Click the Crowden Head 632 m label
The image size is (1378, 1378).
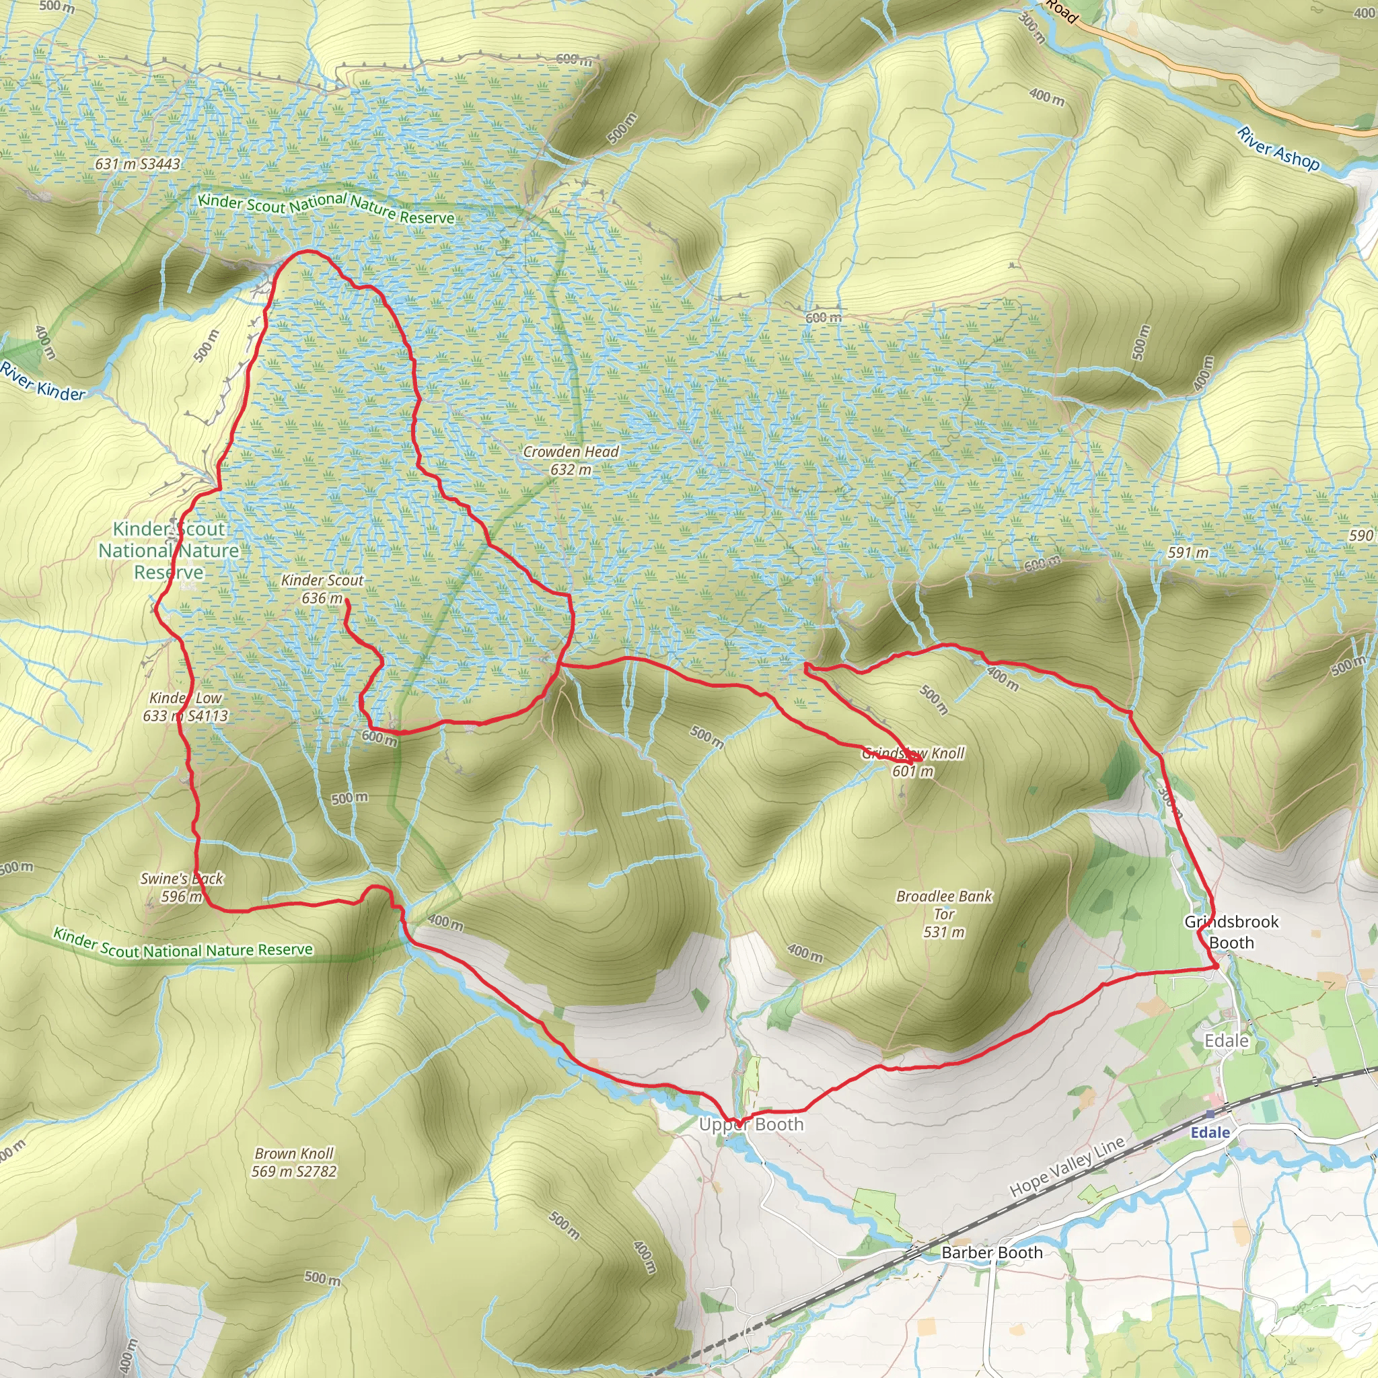click(571, 460)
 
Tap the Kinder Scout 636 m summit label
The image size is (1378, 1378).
click(322, 589)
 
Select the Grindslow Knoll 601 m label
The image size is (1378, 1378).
click(913, 762)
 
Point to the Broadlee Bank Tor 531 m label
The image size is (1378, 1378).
click(943, 914)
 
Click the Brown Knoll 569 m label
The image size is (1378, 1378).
click(294, 1162)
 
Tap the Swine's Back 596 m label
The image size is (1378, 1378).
click(181, 887)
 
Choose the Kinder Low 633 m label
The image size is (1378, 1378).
click(186, 707)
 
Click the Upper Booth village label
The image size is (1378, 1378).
click(750, 1125)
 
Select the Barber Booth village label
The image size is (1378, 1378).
click(991, 1252)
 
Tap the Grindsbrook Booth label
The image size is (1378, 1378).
click(1231, 931)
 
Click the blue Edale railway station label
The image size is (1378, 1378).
click(1210, 1132)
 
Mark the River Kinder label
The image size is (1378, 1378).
click(43, 381)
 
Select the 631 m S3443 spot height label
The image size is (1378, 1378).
click(138, 164)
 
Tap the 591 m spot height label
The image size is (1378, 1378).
click(1188, 552)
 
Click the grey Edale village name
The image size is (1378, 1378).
click(1226, 1041)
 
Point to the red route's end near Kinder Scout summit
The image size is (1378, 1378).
click(347, 602)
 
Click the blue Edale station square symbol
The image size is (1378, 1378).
click(1210, 1114)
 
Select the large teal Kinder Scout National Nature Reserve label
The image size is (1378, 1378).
click(169, 550)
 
